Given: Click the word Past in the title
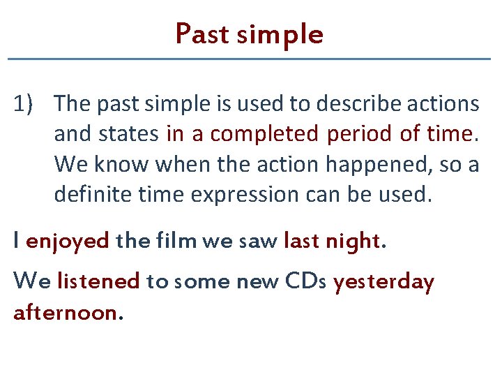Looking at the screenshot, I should (x=202, y=34).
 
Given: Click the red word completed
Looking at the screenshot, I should (x=264, y=134).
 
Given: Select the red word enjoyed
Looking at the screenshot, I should (x=68, y=242).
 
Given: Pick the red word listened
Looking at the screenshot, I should (x=98, y=281).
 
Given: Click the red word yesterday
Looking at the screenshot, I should (x=383, y=282).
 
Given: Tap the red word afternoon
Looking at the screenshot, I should (x=68, y=312).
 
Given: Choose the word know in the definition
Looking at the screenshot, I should (x=118, y=165).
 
